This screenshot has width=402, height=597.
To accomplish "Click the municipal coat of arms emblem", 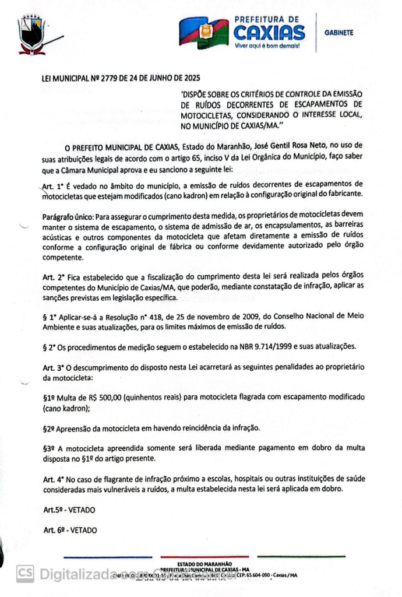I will (33, 36).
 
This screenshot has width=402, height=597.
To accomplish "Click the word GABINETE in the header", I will (338, 33).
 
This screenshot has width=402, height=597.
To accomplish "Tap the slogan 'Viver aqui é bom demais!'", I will (267, 45).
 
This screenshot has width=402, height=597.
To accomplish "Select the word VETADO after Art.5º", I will (82, 510).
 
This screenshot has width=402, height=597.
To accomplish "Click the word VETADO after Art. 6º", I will (83, 530).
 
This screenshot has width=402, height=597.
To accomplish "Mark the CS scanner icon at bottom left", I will (25, 574).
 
